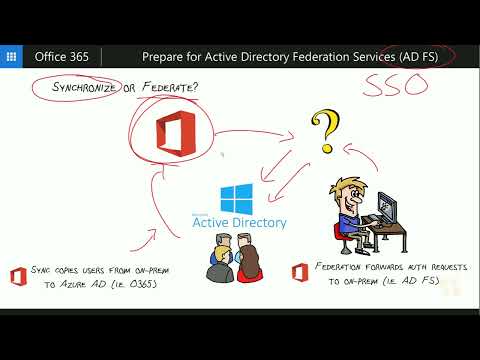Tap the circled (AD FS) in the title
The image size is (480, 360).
point(404,56)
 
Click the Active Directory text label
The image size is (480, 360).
point(240,222)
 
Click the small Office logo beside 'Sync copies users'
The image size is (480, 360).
point(18,276)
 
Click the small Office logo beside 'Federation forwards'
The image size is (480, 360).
point(299,271)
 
